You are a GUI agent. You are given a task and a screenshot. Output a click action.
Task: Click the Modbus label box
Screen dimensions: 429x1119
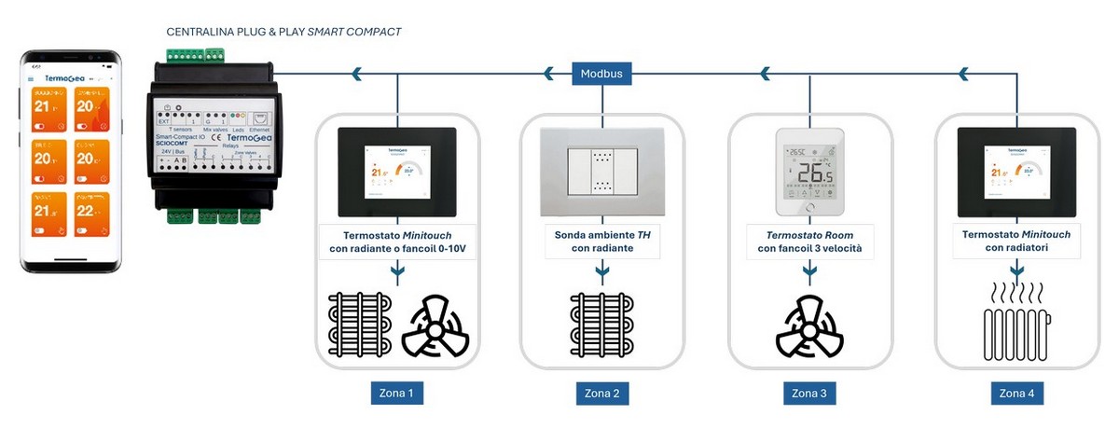pyautogui.click(x=601, y=73)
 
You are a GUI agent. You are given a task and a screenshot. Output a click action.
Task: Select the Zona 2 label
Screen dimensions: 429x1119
pyautogui.click(x=602, y=394)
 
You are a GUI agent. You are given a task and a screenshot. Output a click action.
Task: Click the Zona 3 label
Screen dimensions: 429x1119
pyautogui.click(x=809, y=394)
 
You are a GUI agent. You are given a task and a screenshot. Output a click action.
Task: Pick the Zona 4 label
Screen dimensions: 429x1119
pyautogui.click(x=1016, y=394)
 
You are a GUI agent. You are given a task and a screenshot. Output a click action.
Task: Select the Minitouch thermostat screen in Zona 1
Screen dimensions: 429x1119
pyautogui.click(x=396, y=173)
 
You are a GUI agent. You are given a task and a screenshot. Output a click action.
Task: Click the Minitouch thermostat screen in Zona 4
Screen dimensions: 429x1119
pyautogui.click(x=1016, y=173)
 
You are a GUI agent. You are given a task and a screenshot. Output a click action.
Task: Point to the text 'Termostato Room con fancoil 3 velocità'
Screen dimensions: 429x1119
pyautogui.click(x=809, y=242)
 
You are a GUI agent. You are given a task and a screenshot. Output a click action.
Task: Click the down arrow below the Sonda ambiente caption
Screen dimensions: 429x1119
pyautogui.click(x=602, y=271)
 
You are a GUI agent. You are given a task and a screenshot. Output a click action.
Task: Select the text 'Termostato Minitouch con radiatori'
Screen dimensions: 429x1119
pyautogui.click(x=1016, y=242)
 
